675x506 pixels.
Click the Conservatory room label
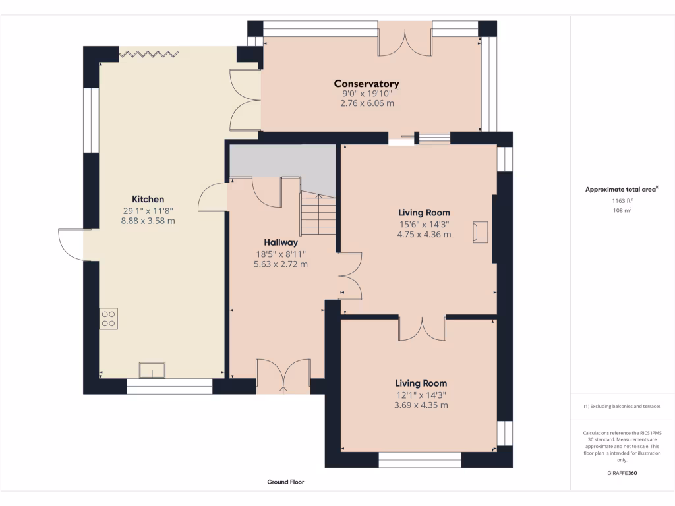coord(367,84)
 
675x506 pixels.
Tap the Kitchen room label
coord(148,199)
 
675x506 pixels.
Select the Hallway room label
coord(281,242)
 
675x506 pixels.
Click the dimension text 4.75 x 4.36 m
coord(424,234)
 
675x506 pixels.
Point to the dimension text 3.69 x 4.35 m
coord(421,405)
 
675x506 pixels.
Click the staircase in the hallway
coord(318,215)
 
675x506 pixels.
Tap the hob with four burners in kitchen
coord(108,319)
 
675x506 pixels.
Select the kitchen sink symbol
coord(153,370)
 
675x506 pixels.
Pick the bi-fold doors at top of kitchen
coord(150,52)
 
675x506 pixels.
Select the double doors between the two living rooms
coord(422,328)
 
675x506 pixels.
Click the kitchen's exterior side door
coord(71,244)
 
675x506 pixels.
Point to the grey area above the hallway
coord(283,161)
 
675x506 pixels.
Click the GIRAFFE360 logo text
coord(622,473)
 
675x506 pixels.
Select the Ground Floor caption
coord(285,482)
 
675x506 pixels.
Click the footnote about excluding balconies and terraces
coord(622,407)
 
